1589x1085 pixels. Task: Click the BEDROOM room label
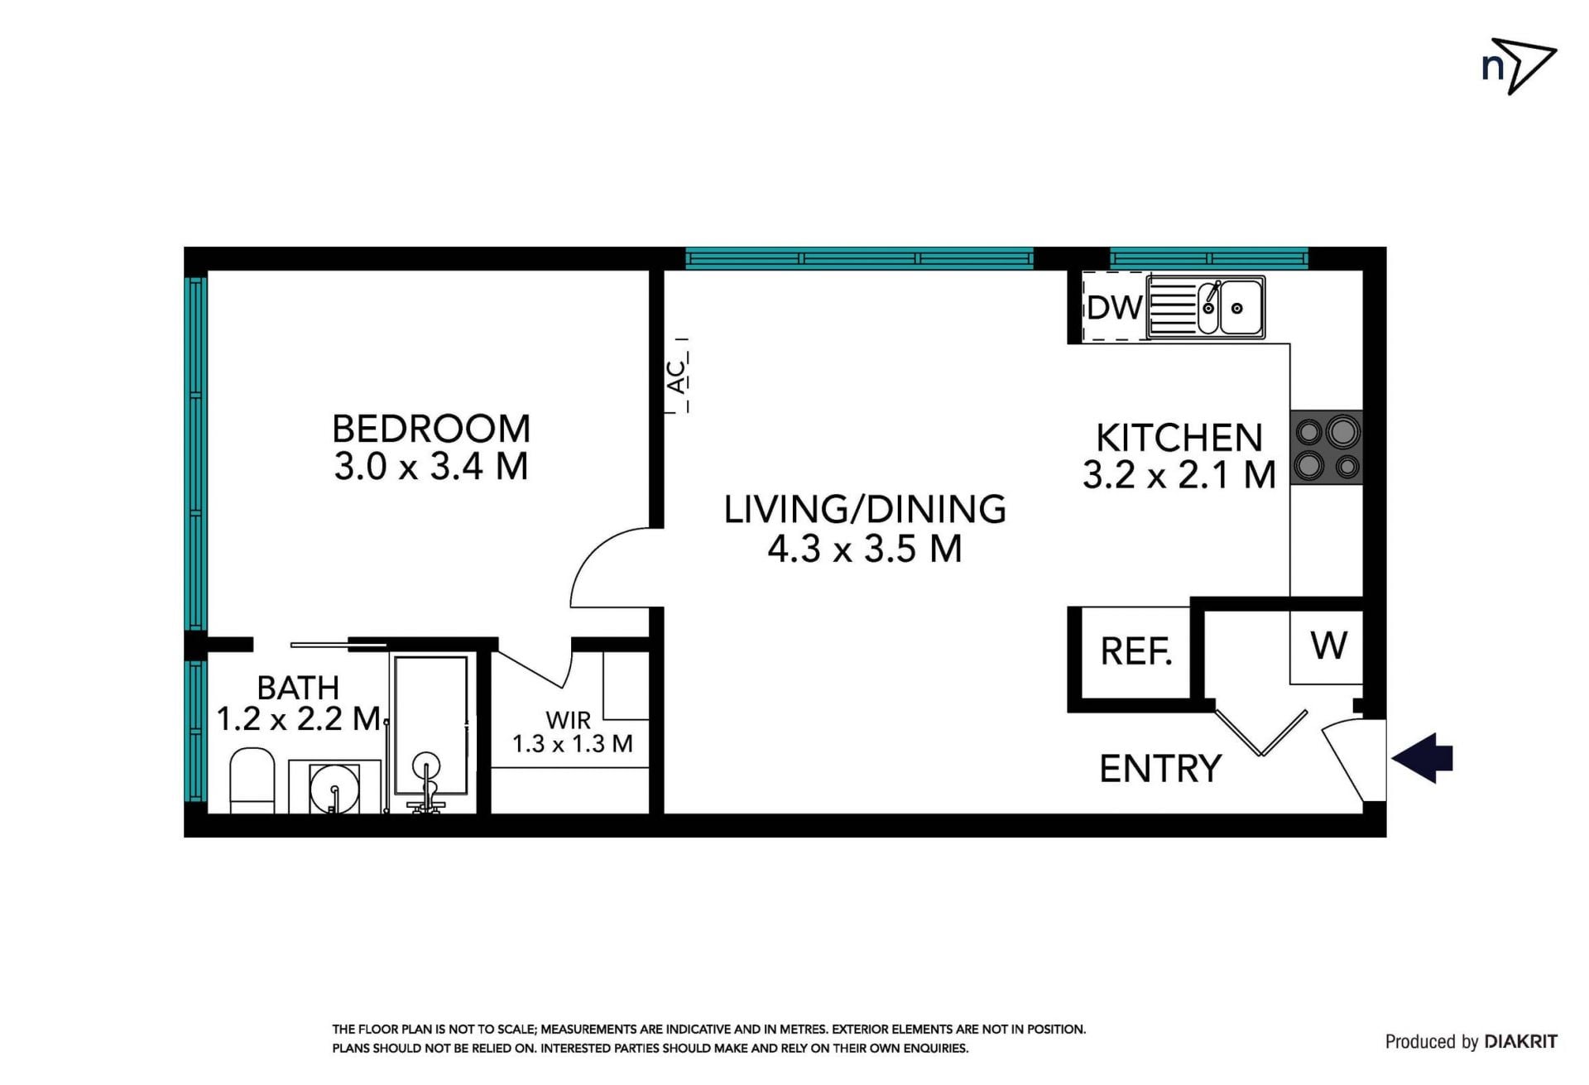431,429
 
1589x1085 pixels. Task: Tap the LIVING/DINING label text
865,509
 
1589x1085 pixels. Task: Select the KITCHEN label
1179,438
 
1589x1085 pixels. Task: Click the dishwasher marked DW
1115,307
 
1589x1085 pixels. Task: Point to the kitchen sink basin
1236,308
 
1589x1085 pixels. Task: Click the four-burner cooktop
1326,448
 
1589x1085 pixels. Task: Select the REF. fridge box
1135,652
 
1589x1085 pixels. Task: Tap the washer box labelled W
1327,647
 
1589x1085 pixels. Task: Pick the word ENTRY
1160,769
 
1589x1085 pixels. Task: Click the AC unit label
677,376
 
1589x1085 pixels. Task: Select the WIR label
569,720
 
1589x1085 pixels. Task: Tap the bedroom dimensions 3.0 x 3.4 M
431,467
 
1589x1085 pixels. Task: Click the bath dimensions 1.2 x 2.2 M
298,718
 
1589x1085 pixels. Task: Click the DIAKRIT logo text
1521,1041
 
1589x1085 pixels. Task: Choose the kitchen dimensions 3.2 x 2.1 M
1179,475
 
